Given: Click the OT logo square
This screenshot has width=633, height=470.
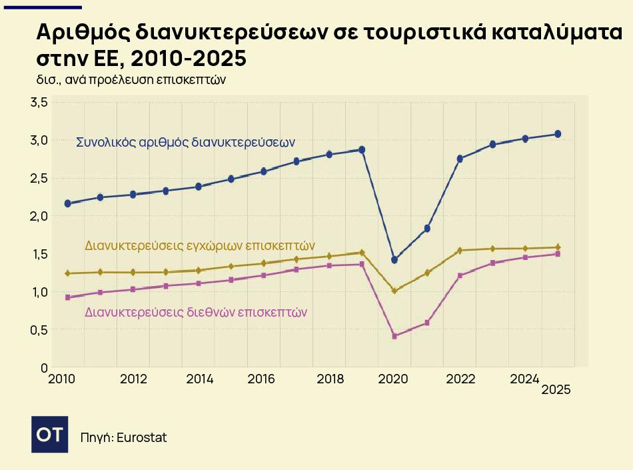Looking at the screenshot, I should [50, 434].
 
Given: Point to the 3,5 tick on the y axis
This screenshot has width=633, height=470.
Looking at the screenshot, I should [39, 103].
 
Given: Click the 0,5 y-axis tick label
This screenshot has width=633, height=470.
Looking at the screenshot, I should [39, 330].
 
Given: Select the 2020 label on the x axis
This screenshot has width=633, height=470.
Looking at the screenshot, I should [394, 379].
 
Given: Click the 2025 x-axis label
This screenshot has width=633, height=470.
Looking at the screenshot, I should [556, 391].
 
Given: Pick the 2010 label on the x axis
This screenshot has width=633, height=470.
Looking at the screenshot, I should [61, 379].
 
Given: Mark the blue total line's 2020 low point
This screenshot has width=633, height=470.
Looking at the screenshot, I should [394, 259].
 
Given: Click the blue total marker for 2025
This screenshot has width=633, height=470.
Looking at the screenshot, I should [558, 134].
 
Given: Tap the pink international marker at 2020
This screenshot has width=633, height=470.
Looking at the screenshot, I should [394, 336].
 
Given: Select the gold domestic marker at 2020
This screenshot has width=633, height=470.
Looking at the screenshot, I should [394, 291].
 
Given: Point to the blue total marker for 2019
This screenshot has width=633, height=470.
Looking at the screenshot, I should [362, 150].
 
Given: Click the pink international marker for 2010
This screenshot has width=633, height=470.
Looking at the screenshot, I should [67, 297].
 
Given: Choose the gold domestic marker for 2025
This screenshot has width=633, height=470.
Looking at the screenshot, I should [558, 247].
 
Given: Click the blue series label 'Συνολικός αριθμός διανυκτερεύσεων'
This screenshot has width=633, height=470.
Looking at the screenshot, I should [185, 142].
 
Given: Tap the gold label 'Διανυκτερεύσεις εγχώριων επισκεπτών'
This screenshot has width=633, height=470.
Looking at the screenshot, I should [200, 245].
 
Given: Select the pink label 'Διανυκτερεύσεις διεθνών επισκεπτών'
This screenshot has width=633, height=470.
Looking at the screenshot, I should [196, 312].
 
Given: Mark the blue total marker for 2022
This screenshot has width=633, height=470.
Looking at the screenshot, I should [460, 159].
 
